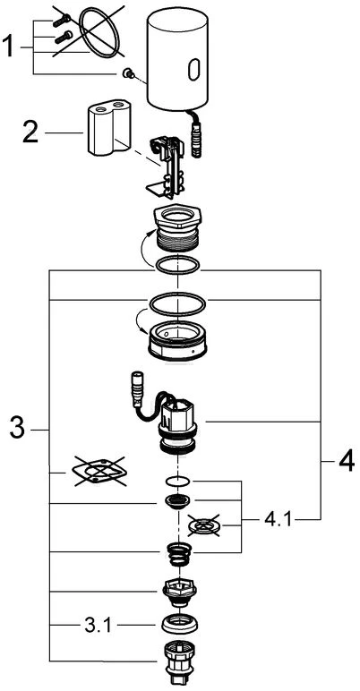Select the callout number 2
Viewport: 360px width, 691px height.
click(30, 132)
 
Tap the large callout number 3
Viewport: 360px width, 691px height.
click(18, 429)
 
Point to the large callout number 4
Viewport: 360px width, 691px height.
click(346, 461)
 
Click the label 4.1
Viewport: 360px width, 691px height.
click(278, 520)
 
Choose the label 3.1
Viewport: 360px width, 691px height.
click(98, 625)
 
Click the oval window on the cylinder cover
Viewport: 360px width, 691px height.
click(193, 70)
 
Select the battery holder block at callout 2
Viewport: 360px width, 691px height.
click(109, 127)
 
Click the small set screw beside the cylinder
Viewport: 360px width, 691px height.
click(129, 74)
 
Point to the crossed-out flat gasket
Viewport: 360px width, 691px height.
click(99, 472)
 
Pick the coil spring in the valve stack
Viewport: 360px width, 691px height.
click(179, 554)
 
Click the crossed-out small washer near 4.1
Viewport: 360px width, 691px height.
click(203, 525)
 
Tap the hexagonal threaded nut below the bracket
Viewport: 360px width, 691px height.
click(177, 227)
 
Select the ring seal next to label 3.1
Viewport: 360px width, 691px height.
click(180, 623)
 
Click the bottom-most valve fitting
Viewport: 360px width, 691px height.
click(179, 663)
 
